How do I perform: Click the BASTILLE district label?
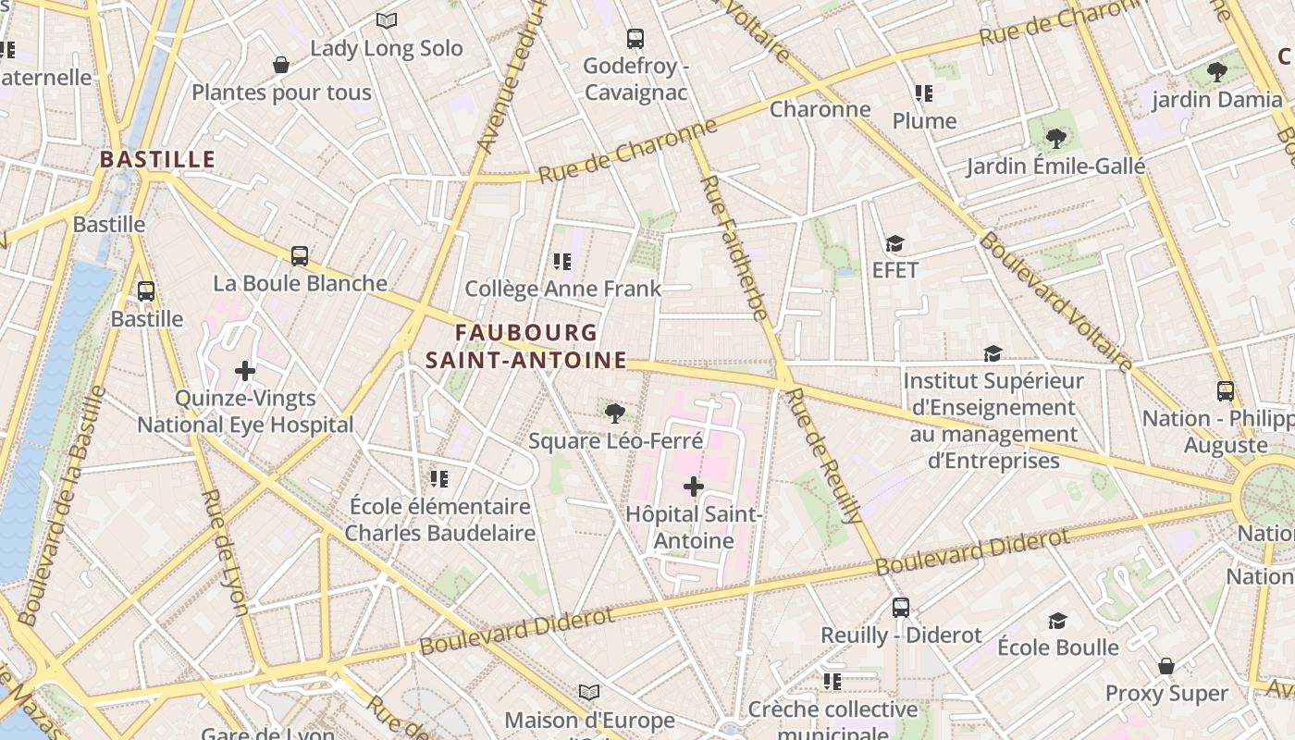coord(157,159)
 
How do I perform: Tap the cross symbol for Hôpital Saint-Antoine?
coord(694,487)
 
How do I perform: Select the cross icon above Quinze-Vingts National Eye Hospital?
coord(245,372)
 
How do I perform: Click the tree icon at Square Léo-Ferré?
coord(614,413)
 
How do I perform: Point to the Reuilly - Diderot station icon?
coord(901,608)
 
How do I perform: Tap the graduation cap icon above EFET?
coord(894,243)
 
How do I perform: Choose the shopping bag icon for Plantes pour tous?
coord(281,65)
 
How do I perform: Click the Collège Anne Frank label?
coord(562,289)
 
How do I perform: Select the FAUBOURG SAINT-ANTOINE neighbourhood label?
coord(526,346)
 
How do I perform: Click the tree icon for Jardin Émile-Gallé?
coord(1055,140)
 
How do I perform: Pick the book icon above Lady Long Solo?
coord(387,20)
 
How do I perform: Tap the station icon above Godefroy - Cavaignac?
coord(635,39)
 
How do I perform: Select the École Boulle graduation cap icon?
coord(1057,621)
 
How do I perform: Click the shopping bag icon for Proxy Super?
coord(1166,666)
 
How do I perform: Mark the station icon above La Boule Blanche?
coord(300,256)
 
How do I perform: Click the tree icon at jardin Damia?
coord(1217,71)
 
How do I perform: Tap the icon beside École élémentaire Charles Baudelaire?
coord(439,479)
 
